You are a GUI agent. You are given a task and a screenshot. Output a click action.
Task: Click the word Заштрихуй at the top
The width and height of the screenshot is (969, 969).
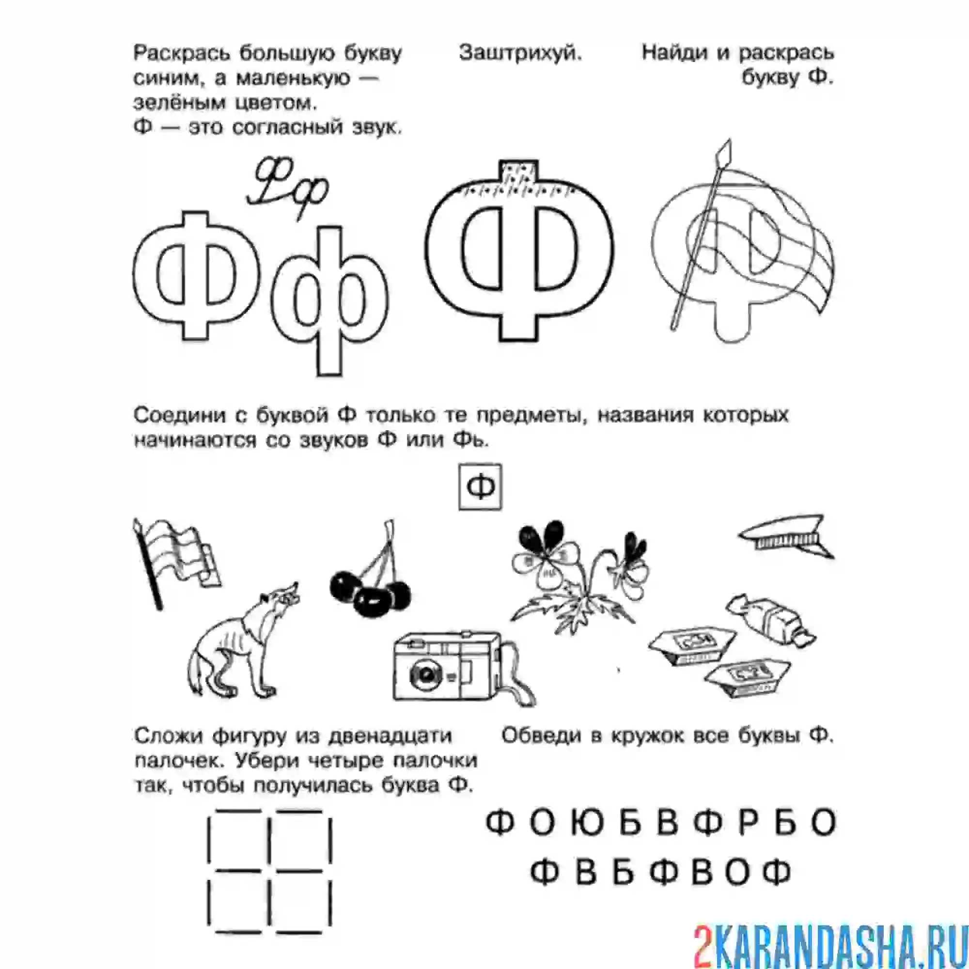point(520,53)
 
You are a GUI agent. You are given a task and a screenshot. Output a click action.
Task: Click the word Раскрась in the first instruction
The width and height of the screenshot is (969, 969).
point(181,53)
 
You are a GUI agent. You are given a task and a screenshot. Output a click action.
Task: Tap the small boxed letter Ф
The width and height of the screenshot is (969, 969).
point(480,486)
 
